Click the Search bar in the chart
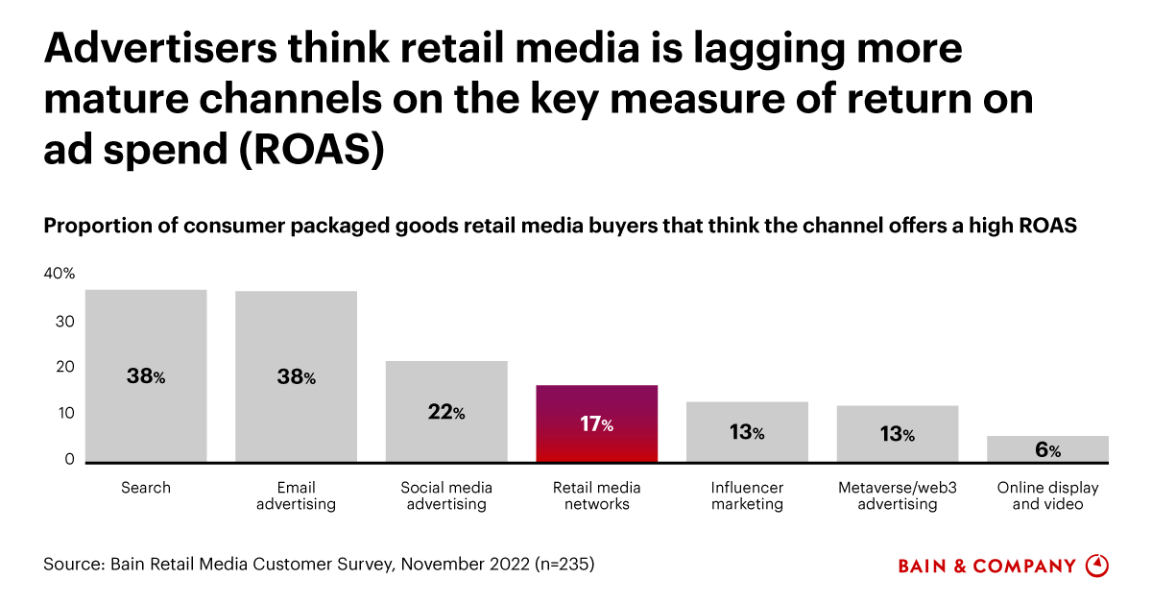pos(146,375)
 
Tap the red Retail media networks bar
pos(597,423)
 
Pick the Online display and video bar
pos(1048,449)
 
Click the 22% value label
pos(446,413)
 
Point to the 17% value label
pos(597,424)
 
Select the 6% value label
pos(1048,450)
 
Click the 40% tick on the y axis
pos(59,275)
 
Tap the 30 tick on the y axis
pos(65,322)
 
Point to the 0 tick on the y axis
pos(69,460)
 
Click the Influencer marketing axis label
pos(747,495)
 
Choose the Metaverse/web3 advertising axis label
pos(897,495)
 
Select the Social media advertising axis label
pos(446,495)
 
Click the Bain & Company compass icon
pos(1096,566)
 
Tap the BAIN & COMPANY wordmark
pos(987,567)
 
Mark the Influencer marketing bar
pos(747,432)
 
